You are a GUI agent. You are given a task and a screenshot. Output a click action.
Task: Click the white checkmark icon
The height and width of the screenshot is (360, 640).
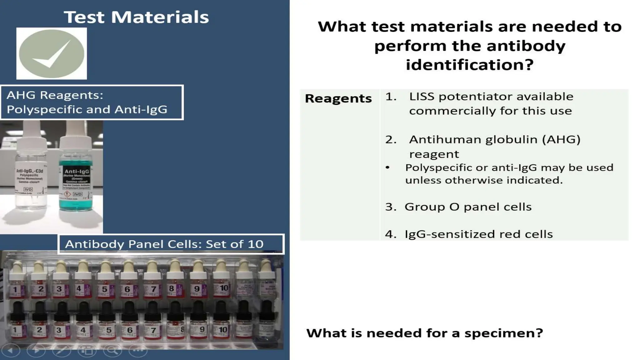point(52,53)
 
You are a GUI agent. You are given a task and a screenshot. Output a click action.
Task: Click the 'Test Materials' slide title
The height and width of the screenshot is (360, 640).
point(137,17)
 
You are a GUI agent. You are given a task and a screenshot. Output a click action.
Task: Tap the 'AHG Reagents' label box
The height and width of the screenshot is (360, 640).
point(92,102)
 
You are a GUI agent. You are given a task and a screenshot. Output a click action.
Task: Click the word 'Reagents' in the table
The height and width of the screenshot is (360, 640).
point(338,98)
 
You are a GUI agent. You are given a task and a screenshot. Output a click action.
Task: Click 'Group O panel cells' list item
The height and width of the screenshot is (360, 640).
point(468,207)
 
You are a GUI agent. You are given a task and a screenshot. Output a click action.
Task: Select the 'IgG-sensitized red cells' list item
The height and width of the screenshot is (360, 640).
point(478,234)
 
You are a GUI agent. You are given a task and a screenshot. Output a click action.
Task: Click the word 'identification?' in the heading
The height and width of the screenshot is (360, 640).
point(469,65)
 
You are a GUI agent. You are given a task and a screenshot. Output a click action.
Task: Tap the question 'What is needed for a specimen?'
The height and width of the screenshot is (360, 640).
point(425,333)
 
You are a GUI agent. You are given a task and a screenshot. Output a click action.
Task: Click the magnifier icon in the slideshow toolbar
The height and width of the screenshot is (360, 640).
point(112,351)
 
